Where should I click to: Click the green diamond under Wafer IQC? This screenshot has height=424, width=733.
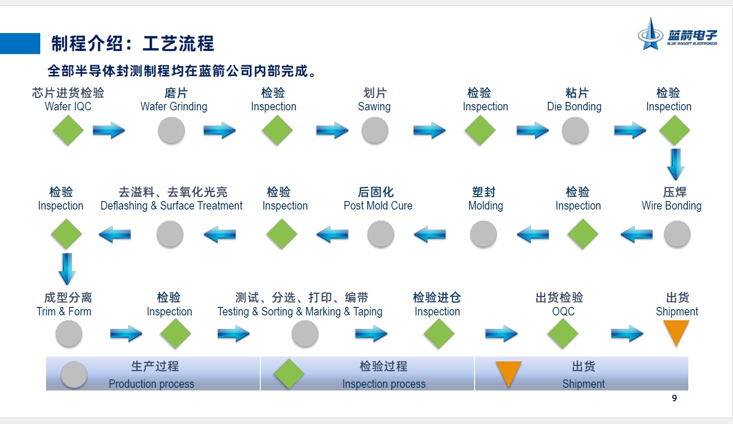[x=68, y=130]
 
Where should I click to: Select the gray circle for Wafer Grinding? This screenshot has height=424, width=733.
[x=171, y=130]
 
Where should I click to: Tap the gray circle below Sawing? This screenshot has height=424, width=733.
[x=375, y=130]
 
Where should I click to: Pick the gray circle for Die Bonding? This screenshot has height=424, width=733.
[x=575, y=130]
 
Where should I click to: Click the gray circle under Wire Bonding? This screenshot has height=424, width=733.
[x=677, y=234]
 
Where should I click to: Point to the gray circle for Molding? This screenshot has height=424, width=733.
[x=483, y=234]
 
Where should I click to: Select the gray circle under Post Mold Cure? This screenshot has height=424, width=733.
[x=381, y=234]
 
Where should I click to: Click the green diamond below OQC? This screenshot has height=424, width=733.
[x=563, y=334]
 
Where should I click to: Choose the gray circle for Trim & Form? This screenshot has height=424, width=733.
[x=69, y=334]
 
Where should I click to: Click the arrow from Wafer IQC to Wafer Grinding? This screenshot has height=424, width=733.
[x=109, y=130]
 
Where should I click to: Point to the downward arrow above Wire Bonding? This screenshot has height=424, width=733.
[x=676, y=164]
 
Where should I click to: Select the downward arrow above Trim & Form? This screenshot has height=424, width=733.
[x=67, y=269]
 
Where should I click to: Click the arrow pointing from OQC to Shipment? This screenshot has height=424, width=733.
[x=627, y=334]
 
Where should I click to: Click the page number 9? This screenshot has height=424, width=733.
[x=674, y=398]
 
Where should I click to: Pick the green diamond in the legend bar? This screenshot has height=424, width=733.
[x=289, y=374]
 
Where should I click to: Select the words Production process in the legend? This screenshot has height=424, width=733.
[x=151, y=383]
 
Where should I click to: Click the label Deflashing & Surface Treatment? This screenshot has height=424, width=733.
[x=171, y=206]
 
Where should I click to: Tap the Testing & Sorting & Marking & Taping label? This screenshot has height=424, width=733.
[x=300, y=311]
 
